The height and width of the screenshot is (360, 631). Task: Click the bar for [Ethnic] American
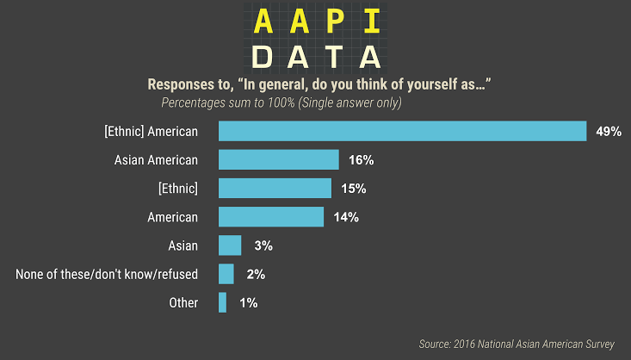click(402, 131)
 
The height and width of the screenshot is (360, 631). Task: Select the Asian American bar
click(278, 159)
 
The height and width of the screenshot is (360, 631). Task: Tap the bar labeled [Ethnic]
click(275, 188)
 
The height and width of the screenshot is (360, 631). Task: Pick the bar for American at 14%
click(271, 216)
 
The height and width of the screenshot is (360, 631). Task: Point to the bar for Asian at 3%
click(230, 245)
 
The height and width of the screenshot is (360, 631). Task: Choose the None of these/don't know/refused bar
click(226, 274)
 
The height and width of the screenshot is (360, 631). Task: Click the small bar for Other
click(222, 302)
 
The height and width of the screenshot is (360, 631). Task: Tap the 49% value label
click(609, 132)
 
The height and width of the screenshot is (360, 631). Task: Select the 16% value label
click(362, 160)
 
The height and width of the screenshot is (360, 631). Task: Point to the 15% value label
click(354, 189)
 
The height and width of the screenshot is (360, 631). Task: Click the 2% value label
click(255, 275)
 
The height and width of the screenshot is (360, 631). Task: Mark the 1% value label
click(248, 303)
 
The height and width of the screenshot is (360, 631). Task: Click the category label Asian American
click(156, 160)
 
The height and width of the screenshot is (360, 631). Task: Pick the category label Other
click(183, 303)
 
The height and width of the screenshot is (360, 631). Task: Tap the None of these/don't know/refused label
click(107, 275)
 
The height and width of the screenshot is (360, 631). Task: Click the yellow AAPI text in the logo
click(314, 21)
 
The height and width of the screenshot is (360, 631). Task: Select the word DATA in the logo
click(316, 57)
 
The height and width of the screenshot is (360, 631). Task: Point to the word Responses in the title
click(182, 84)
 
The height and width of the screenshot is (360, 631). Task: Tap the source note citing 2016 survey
click(517, 344)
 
